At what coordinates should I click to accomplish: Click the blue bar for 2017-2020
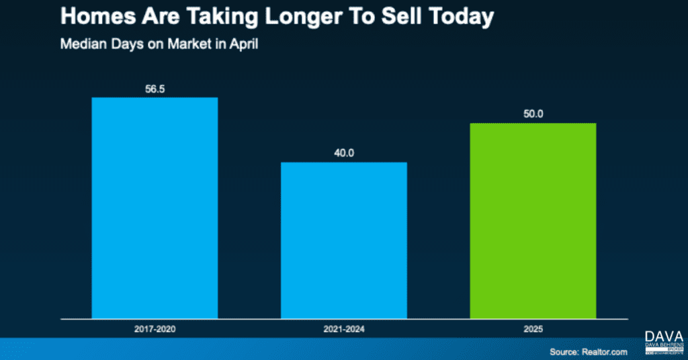tap(155, 208)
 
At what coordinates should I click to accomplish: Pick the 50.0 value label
tap(533, 114)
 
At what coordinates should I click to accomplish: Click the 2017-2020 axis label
tap(155, 330)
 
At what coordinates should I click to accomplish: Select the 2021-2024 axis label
tap(343, 330)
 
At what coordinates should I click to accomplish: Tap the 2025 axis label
tap(533, 330)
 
